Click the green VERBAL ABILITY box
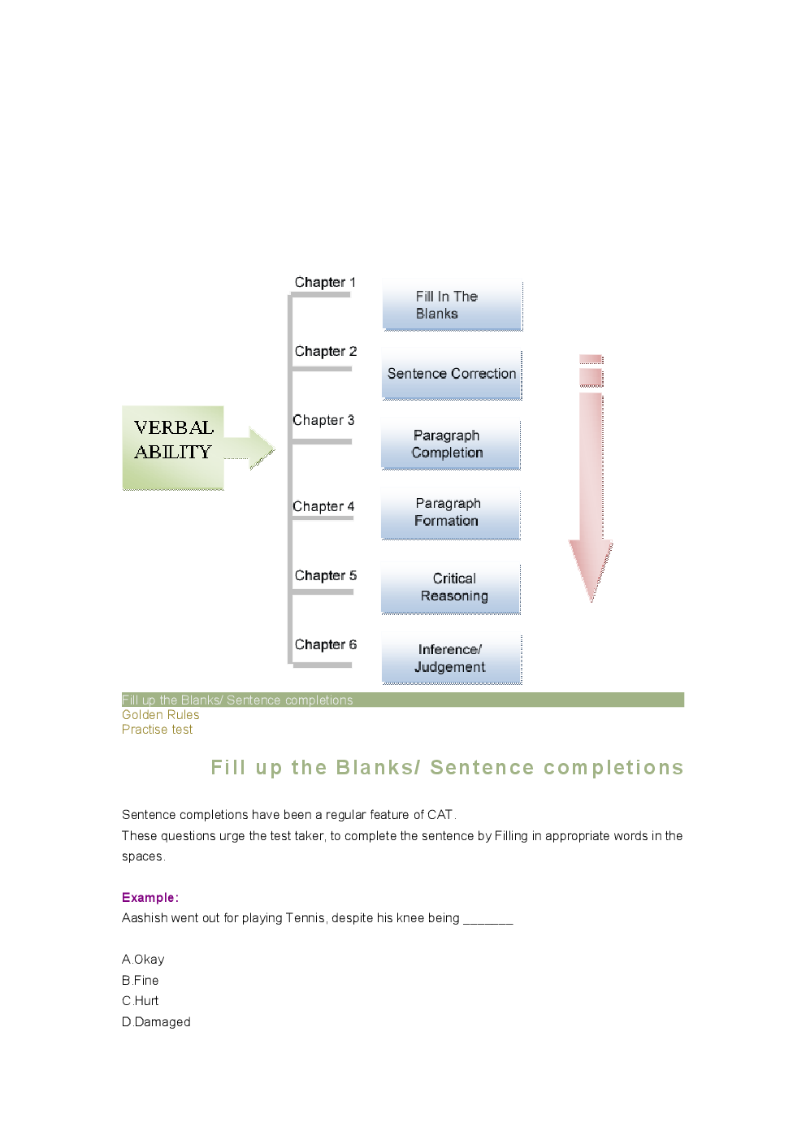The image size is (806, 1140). pos(173,447)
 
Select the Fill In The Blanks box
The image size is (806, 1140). pos(452,306)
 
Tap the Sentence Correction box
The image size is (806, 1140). pos(452,375)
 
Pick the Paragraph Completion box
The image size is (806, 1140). pos(451,444)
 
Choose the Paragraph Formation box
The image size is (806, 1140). pos(451,513)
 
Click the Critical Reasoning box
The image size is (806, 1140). pos(451,587)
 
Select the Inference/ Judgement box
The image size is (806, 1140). pos(451,658)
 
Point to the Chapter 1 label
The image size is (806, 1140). pos(325,282)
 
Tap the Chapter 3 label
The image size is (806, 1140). pos(323,420)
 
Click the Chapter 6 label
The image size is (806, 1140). pos(325,644)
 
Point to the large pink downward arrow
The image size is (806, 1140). pos(591,488)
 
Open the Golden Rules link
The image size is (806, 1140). pos(160,715)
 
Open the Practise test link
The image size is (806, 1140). pos(157,730)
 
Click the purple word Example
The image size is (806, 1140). pos(148,897)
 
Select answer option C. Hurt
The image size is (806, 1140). pos(141,1001)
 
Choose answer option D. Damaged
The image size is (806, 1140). pos(156,1021)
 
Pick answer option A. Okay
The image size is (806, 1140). pos(143,960)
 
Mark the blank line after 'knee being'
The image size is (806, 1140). pos(488,920)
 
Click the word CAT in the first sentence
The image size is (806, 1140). pos(440,814)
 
